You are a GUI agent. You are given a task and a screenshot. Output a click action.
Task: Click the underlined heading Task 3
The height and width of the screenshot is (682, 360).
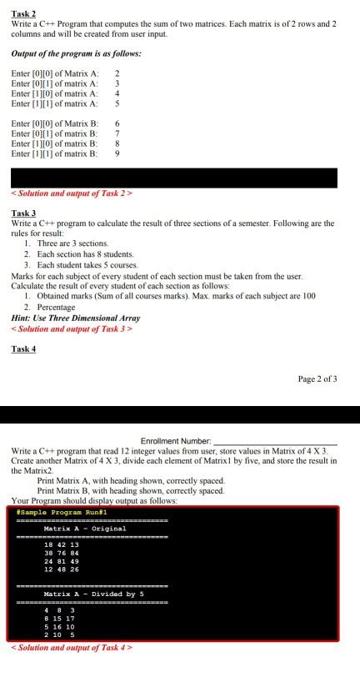pos(23,213)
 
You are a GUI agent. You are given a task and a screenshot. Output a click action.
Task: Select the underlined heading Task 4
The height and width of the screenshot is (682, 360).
pos(23,349)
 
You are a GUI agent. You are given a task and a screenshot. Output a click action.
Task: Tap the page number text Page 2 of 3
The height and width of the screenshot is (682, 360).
pos(317,379)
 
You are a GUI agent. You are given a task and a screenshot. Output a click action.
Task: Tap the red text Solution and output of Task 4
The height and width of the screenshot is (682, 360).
pos(72,647)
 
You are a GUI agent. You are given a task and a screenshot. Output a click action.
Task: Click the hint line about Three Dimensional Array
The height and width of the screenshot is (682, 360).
pos(75,318)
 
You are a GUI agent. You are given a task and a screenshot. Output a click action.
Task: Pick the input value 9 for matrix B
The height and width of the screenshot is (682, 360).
pos(117,153)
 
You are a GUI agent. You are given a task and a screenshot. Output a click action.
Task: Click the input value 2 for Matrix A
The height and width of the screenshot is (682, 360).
pos(117,73)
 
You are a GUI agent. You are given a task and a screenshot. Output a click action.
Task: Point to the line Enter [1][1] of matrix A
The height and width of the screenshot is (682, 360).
pos(55,103)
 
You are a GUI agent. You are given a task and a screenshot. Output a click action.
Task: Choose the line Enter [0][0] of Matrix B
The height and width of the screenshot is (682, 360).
pos(55,123)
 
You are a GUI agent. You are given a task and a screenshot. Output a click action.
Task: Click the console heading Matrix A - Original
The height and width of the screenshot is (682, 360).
pos(85,529)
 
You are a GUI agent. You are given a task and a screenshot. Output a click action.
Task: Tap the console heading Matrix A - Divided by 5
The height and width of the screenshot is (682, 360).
pos(94,593)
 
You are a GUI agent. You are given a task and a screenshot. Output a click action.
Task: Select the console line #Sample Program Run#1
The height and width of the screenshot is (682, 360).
pos(51,512)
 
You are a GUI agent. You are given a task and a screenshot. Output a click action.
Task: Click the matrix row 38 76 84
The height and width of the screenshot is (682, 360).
pos(61,553)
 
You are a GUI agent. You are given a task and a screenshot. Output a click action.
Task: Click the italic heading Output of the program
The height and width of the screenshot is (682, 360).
pos(76,53)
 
